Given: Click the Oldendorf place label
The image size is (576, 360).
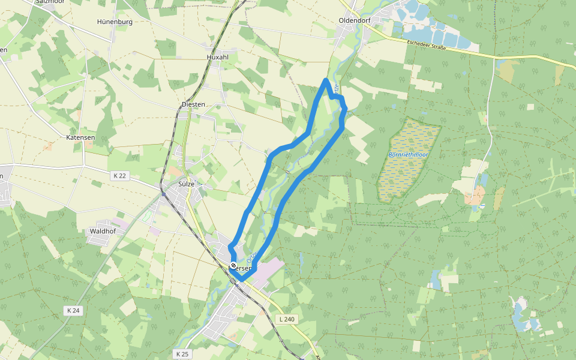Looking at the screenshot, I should [355, 20].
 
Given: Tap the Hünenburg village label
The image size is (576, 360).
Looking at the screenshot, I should [114, 22].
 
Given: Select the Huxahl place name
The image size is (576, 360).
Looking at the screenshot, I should [218, 56].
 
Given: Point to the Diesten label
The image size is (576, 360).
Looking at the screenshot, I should [193, 104].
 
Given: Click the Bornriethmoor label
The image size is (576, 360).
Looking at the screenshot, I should [408, 155].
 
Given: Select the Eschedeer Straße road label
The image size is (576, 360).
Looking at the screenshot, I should [426, 44].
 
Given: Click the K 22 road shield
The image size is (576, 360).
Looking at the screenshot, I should [119, 175].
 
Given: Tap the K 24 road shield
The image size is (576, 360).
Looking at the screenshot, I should [73, 310].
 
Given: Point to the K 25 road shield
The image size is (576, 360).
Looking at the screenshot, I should [182, 354].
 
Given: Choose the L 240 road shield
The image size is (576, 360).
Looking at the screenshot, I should [286, 319].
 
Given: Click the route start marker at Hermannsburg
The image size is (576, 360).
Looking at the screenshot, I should [233, 265].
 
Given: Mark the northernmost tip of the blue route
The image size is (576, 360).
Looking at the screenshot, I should [326, 80].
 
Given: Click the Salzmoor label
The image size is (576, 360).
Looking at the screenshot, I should [50, 2].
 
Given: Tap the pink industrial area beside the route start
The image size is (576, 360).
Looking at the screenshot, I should [269, 266].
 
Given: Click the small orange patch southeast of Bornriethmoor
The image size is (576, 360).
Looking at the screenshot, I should [478, 194].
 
